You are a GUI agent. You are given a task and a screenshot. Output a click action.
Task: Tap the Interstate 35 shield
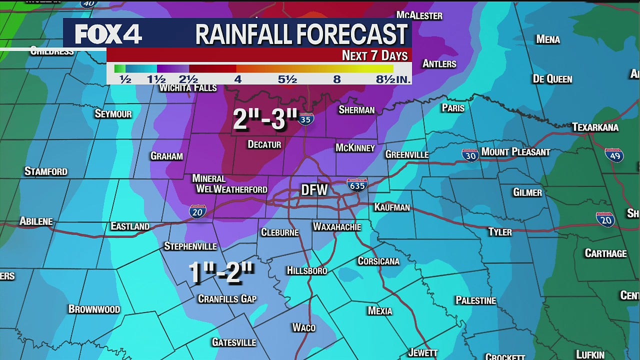click(x=305, y=118)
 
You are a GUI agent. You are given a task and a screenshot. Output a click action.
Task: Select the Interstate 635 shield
click(x=357, y=185)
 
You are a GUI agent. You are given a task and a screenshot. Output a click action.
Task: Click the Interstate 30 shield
click(x=470, y=155)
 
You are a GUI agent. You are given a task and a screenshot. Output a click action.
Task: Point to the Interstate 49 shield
click(x=614, y=154)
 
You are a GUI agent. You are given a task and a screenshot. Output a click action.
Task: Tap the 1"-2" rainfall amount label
click(x=221, y=273)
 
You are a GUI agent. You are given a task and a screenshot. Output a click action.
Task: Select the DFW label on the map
click(x=314, y=189)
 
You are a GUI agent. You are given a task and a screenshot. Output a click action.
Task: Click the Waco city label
click(x=304, y=327)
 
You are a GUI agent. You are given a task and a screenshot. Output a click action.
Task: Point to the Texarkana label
click(x=595, y=127)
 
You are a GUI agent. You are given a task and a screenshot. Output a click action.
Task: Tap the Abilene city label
click(x=36, y=221)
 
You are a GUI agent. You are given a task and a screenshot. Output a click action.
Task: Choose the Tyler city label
click(x=500, y=231)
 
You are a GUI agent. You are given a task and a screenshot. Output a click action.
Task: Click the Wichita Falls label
click(x=188, y=88)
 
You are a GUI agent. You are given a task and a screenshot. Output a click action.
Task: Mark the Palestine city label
click(x=475, y=300)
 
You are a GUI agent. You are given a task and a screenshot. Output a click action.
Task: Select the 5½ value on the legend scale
click(x=287, y=79)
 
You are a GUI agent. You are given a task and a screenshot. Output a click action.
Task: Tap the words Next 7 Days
click(x=374, y=55)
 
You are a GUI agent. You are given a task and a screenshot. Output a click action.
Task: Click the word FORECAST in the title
click(x=352, y=34)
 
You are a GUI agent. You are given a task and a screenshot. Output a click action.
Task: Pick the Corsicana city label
click(x=378, y=261)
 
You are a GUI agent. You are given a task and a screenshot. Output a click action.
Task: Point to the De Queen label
click(x=552, y=79)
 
